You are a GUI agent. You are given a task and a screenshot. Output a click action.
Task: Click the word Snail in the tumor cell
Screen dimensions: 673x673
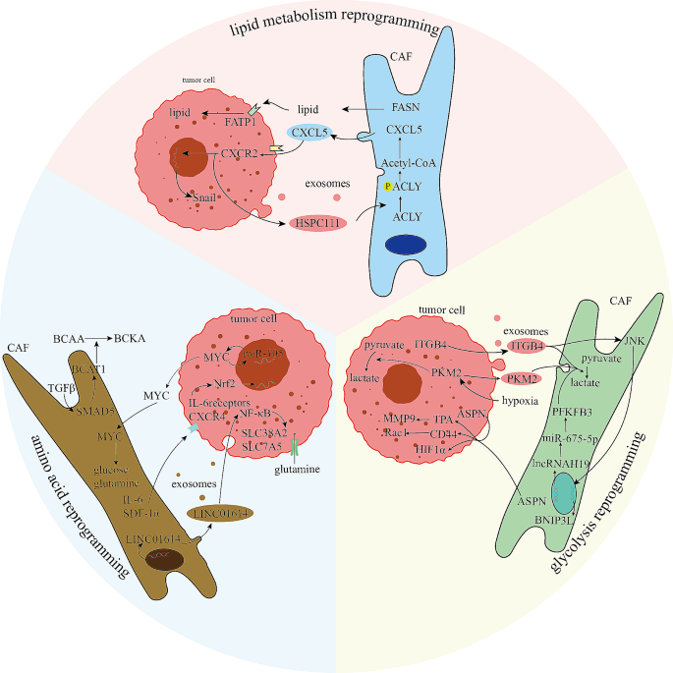point(205,196)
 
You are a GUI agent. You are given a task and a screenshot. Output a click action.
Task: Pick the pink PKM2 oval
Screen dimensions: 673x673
point(524,379)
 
